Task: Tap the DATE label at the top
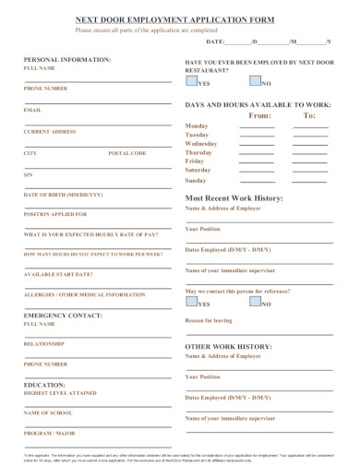tap(215, 42)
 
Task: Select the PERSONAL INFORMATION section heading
tap(66, 59)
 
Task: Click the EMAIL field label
tap(32, 110)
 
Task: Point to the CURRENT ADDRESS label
tap(50, 131)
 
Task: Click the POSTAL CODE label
tap(127, 152)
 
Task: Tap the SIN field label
tap(28, 173)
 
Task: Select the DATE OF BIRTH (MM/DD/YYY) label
tap(63, 195)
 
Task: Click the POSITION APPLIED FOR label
tap(54, 214)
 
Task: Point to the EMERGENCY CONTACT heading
tap(62, 315)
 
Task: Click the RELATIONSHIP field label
tap(44, 344)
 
